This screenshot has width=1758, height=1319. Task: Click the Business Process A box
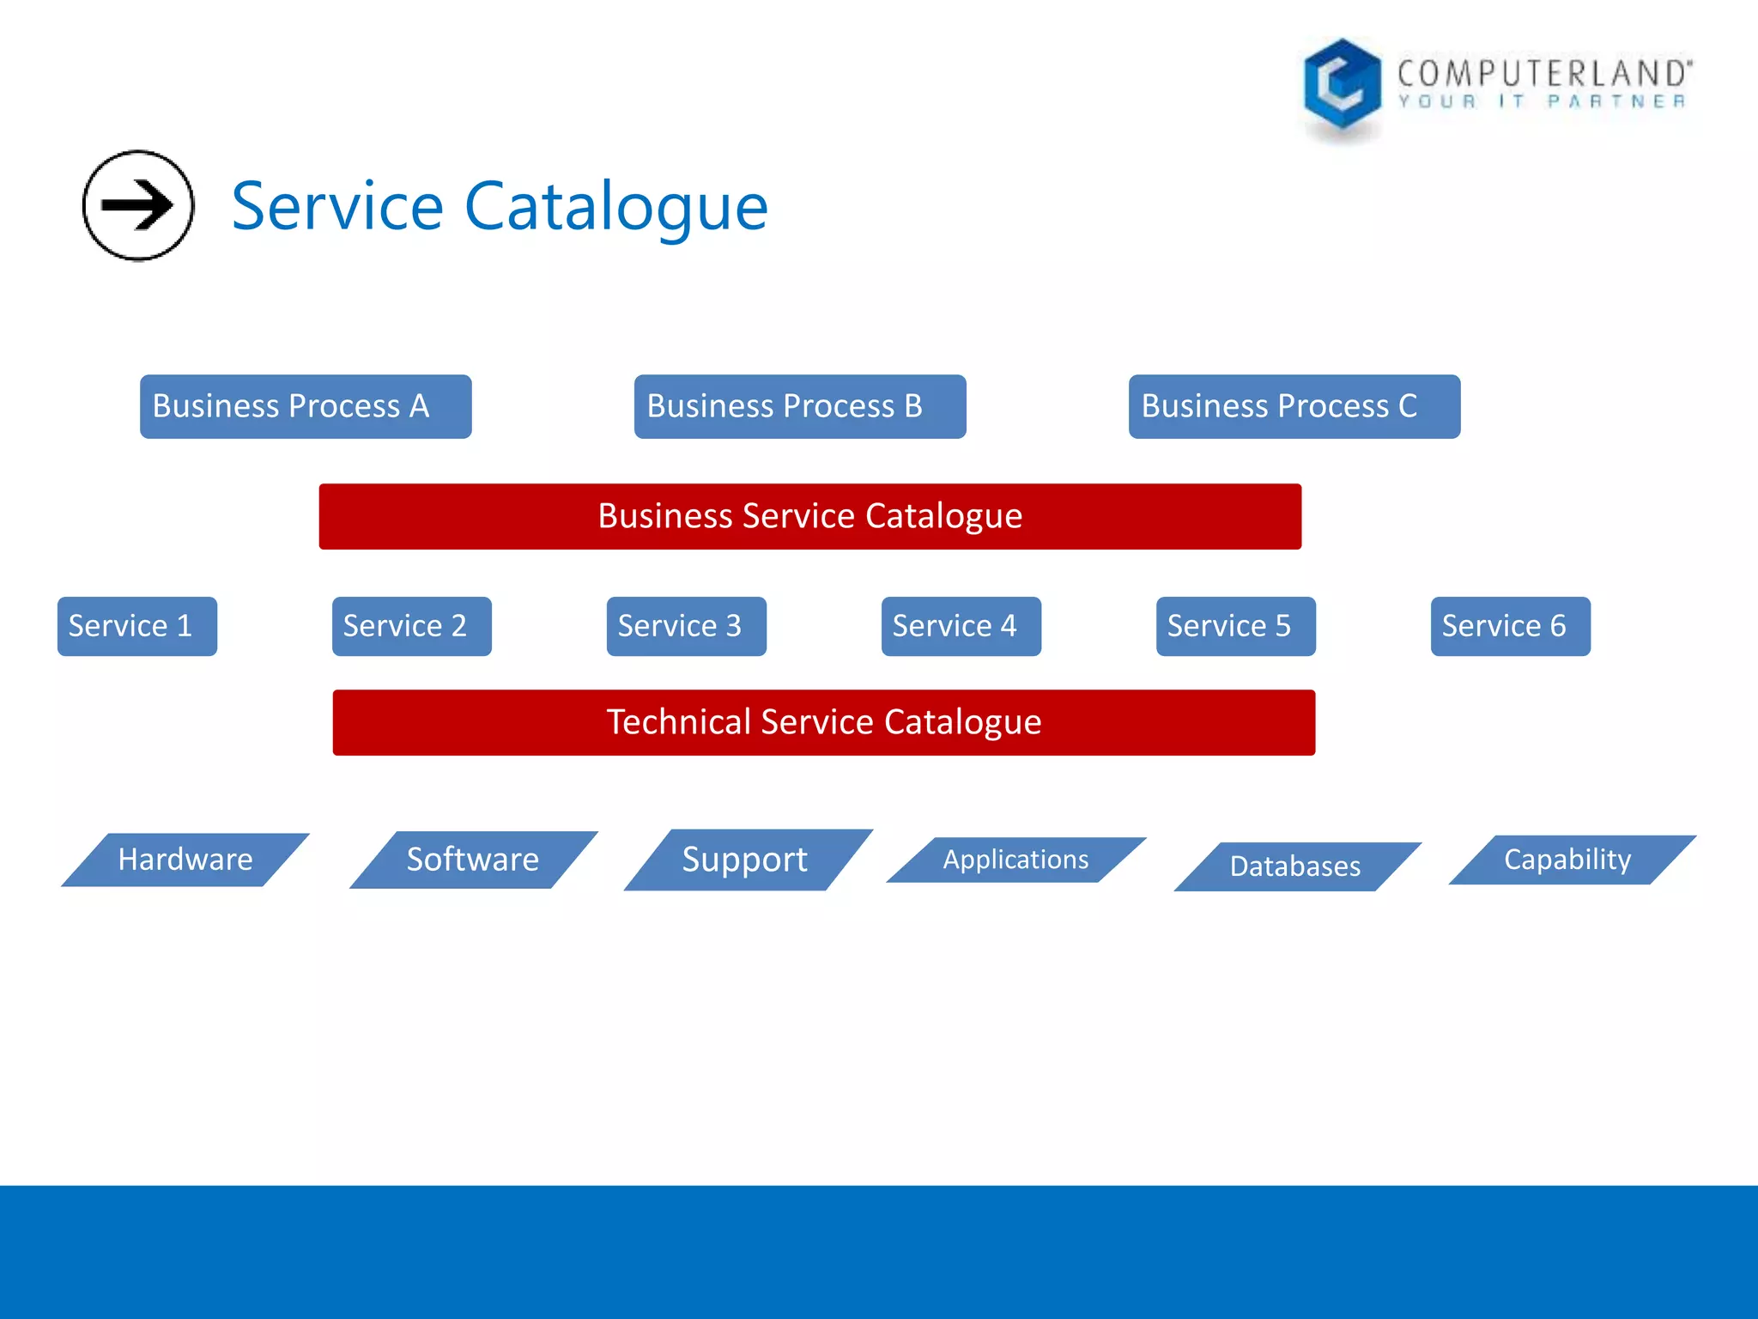tap(306, 406)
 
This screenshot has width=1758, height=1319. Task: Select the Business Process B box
tap(800, 406)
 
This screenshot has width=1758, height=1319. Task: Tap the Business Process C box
tap(1294, 406)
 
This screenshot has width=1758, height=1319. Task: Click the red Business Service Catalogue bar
tap(809, 516)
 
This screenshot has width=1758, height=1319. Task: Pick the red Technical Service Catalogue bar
tap(823, 722)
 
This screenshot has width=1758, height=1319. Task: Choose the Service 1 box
tap(137, 626)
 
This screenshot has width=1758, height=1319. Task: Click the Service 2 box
tap(412, 626)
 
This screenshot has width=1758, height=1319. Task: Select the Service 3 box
tap(686, 626)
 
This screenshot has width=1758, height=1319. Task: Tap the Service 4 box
tap(961, 626)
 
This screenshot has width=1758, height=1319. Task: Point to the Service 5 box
tap(1235, 626)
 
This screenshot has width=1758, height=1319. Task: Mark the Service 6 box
tap(1510, 626)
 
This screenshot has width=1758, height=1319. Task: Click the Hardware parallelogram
tap(185, 860)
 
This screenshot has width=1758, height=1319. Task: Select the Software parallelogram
tap(473, 860)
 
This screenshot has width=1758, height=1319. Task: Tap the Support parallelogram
tap(746, 860)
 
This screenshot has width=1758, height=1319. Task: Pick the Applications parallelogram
tap(1015, 860)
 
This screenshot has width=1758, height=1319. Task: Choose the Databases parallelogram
tap(1295, 866)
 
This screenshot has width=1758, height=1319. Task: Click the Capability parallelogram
tap(1570, 860)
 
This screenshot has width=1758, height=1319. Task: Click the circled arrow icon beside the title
tap(137, 205)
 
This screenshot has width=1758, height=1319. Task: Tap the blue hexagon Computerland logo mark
tap(1342, 83)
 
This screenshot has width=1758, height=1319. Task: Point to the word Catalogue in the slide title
tap(615, 207)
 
